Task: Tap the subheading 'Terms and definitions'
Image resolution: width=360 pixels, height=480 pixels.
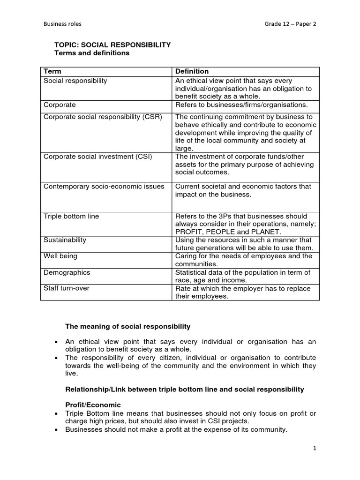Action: [x=92, y=53]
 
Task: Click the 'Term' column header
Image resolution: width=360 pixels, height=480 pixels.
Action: [x=52, y=71]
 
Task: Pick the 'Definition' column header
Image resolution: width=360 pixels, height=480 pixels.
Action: [x=192, y=71]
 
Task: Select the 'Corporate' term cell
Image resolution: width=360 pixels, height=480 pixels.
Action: [x=60, y=105]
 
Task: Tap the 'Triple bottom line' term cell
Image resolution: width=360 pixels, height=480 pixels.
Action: [x=71, y=216]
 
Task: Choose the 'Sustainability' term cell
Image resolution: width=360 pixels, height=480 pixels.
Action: [x=65, y=240]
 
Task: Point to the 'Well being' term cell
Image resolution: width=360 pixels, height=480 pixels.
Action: [x=60, y=256]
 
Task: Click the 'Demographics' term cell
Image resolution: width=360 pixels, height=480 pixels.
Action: [x=67, y=272]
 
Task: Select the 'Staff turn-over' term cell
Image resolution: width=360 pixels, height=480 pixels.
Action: [x=66, y=288]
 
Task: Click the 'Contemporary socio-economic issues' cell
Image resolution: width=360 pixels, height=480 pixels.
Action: [x=104, y=186]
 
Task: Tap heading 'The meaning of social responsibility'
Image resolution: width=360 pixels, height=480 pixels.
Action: [x=127, y=326]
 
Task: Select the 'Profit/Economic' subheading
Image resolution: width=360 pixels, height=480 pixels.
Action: [x=93, y=405]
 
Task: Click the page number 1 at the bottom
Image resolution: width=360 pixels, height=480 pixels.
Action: [x=315, y=448]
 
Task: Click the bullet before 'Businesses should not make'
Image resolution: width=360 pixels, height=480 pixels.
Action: [x=57, y=429]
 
